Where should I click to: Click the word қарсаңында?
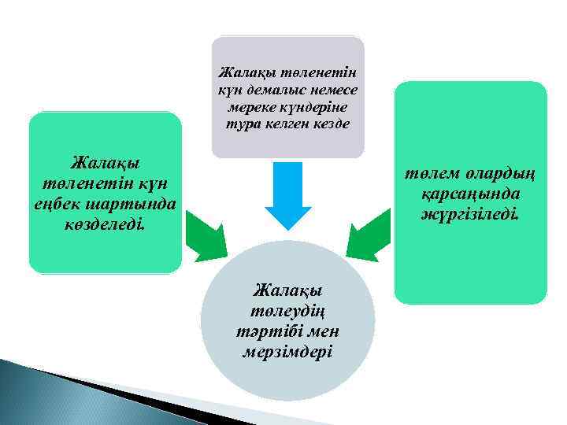tap(471, 194)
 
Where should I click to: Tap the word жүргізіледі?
tap(471, 213)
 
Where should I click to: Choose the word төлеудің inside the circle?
tap(287, 311)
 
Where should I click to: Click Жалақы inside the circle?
tap(287, 291)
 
